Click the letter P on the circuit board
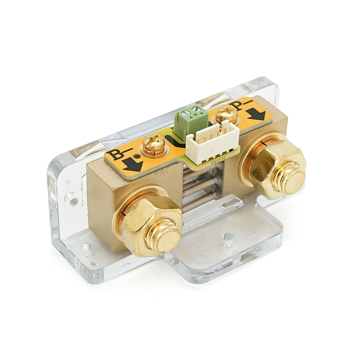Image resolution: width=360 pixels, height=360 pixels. tap(238, 107)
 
